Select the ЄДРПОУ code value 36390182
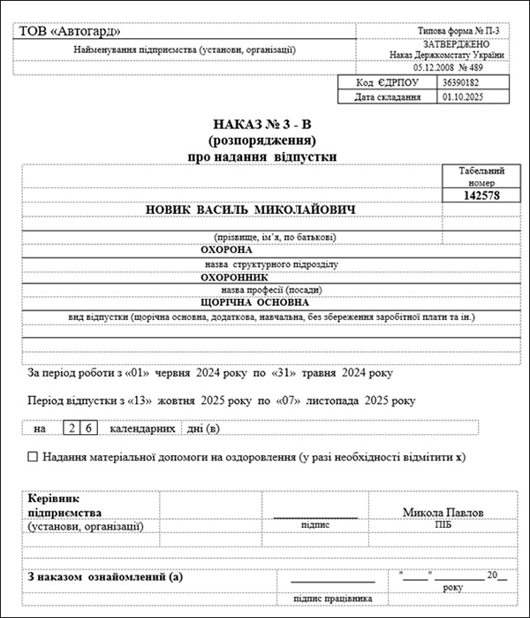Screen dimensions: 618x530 click(x=463, y=82)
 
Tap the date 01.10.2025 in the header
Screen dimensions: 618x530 click(x=463, y=96)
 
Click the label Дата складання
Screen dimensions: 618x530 click(x=388, y=96)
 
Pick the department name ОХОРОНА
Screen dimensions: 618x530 click(x=229, y=250)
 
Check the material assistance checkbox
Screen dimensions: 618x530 click(x=34, y=457)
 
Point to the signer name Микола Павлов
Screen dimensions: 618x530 click(x=443, y=512)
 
